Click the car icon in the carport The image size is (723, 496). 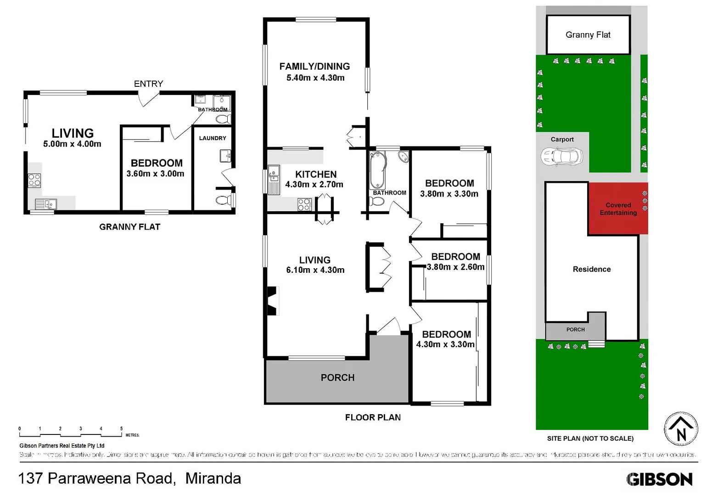[561, 157]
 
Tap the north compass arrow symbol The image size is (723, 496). [681, 429]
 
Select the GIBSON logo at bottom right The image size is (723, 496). [659, 479]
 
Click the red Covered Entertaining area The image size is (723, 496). [618, 209]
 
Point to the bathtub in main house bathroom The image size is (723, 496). [378, 169]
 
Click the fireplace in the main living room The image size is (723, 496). [273, 301]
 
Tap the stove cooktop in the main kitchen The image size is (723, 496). [304, 204]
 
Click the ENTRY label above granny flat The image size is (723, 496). [148, 84]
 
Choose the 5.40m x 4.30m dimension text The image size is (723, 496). [315, 78]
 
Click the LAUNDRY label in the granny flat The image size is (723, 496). [213, 138]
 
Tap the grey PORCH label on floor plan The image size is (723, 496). [337, 378]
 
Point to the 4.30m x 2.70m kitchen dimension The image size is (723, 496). [314, 185]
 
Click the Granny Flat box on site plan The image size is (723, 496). [588, 35]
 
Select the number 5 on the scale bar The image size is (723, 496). [121, 428]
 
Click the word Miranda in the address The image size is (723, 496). [213, 479]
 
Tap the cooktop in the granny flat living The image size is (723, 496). [34, 180]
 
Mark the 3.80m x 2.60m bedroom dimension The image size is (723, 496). [455, 267]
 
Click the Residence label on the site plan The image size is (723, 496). [591, 269]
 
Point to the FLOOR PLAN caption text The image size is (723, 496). [373, 417]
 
